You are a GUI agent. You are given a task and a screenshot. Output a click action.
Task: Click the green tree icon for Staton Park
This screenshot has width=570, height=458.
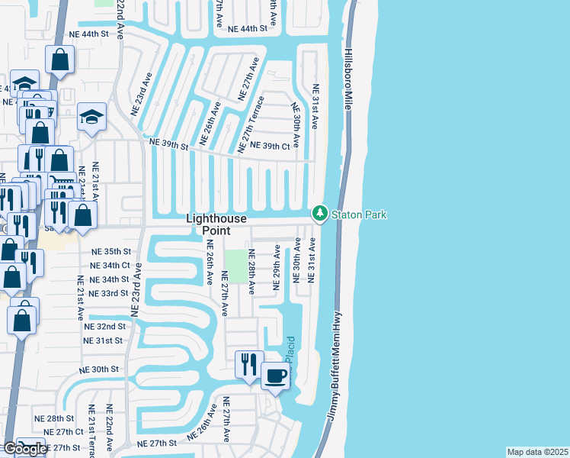click(320, 214)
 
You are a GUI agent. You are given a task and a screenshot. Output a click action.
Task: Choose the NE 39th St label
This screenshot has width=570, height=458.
click(168, 144)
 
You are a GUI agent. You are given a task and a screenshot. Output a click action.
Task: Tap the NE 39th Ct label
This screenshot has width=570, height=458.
click(271, 146)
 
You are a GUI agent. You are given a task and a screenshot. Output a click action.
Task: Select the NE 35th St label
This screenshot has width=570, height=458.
click(111, 251)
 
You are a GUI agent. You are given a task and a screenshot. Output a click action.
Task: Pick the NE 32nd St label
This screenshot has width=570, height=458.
click(105, 326)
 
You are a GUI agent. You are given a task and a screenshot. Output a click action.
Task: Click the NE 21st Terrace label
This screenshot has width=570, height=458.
click(91, 431)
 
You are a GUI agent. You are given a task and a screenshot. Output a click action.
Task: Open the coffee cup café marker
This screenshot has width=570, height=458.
click(275, 376)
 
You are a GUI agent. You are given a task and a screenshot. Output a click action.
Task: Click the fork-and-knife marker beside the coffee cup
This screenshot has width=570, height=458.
click(248, 365)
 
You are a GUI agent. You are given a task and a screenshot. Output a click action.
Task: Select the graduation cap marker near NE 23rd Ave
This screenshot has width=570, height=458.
click(91, 117)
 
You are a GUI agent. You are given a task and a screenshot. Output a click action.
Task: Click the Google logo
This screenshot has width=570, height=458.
click(26, 449)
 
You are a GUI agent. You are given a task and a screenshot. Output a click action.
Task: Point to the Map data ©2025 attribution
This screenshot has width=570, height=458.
click(537, 452)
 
